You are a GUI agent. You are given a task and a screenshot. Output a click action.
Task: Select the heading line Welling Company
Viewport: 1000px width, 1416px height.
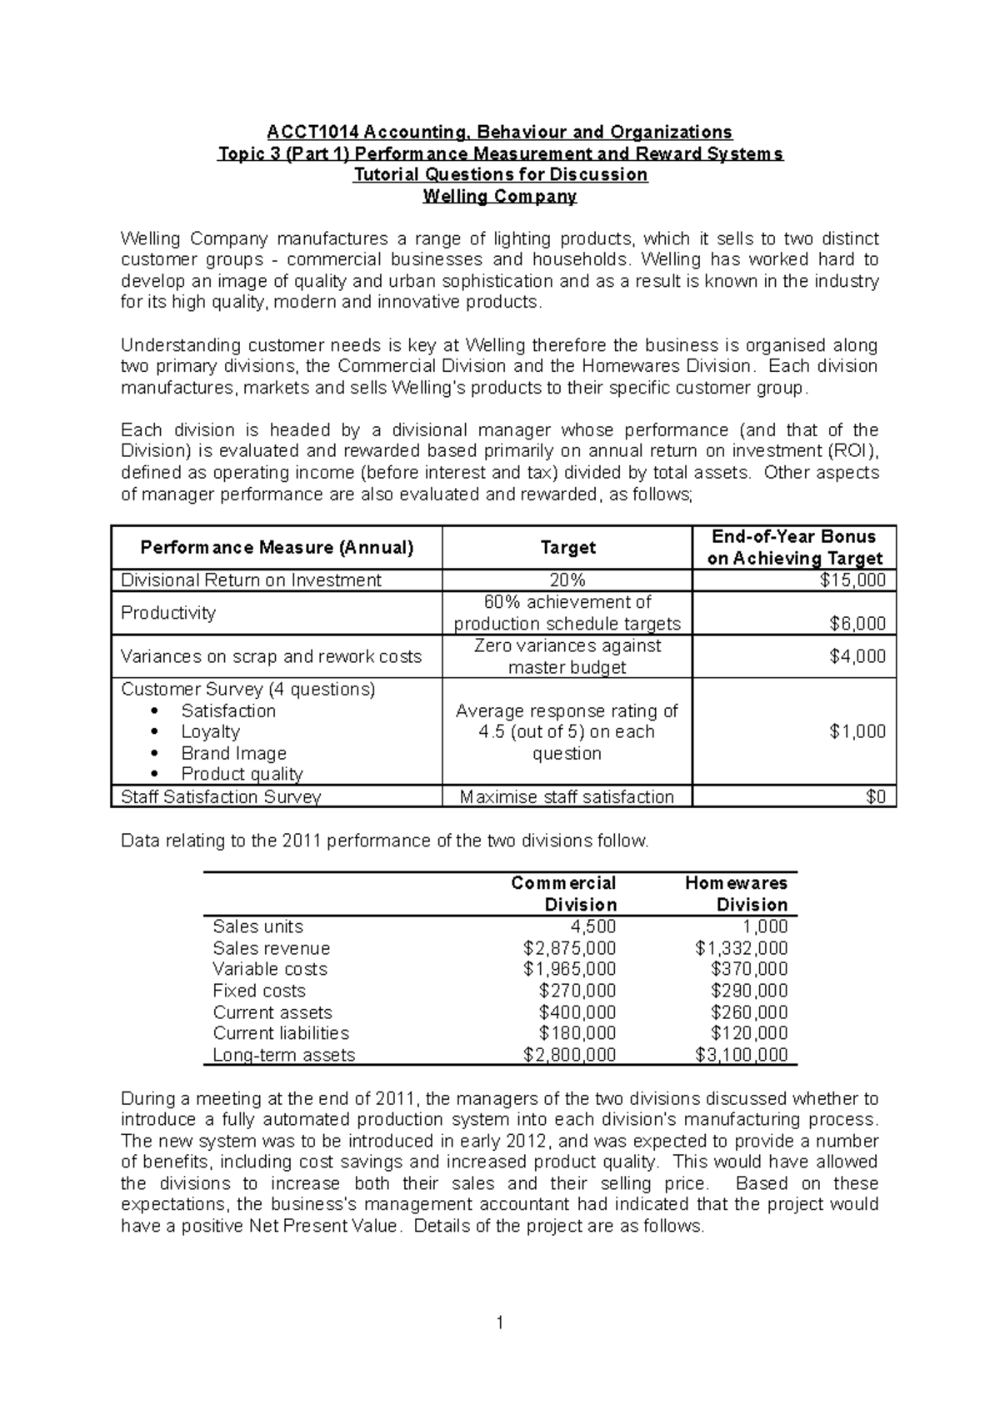500,197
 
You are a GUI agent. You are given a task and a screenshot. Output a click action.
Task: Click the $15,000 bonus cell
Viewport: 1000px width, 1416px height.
857,580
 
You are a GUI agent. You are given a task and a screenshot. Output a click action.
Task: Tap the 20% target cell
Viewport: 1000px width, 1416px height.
567,580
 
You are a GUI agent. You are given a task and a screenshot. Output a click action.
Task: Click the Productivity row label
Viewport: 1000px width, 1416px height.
168,613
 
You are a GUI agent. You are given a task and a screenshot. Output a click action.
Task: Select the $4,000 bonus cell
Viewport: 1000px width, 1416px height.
857,656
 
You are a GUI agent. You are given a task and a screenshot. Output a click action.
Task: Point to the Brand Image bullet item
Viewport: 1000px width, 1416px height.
233,753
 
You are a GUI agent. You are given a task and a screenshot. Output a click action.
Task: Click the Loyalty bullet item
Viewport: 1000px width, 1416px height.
210,731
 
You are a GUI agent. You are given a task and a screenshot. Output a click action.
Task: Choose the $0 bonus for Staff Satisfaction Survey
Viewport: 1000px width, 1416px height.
875,796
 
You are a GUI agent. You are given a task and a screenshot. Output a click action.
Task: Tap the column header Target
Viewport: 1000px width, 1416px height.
567,548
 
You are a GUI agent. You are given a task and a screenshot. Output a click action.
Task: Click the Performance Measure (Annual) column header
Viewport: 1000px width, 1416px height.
277,548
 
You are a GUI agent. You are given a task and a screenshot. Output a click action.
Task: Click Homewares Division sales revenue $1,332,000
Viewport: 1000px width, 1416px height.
741,948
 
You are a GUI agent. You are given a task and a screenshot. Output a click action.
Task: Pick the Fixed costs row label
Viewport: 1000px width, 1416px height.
259,991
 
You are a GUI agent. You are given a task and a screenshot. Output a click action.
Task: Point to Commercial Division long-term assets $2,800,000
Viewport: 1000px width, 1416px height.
569,1055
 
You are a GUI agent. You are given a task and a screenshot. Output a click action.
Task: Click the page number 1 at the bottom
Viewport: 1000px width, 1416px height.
500,1323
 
